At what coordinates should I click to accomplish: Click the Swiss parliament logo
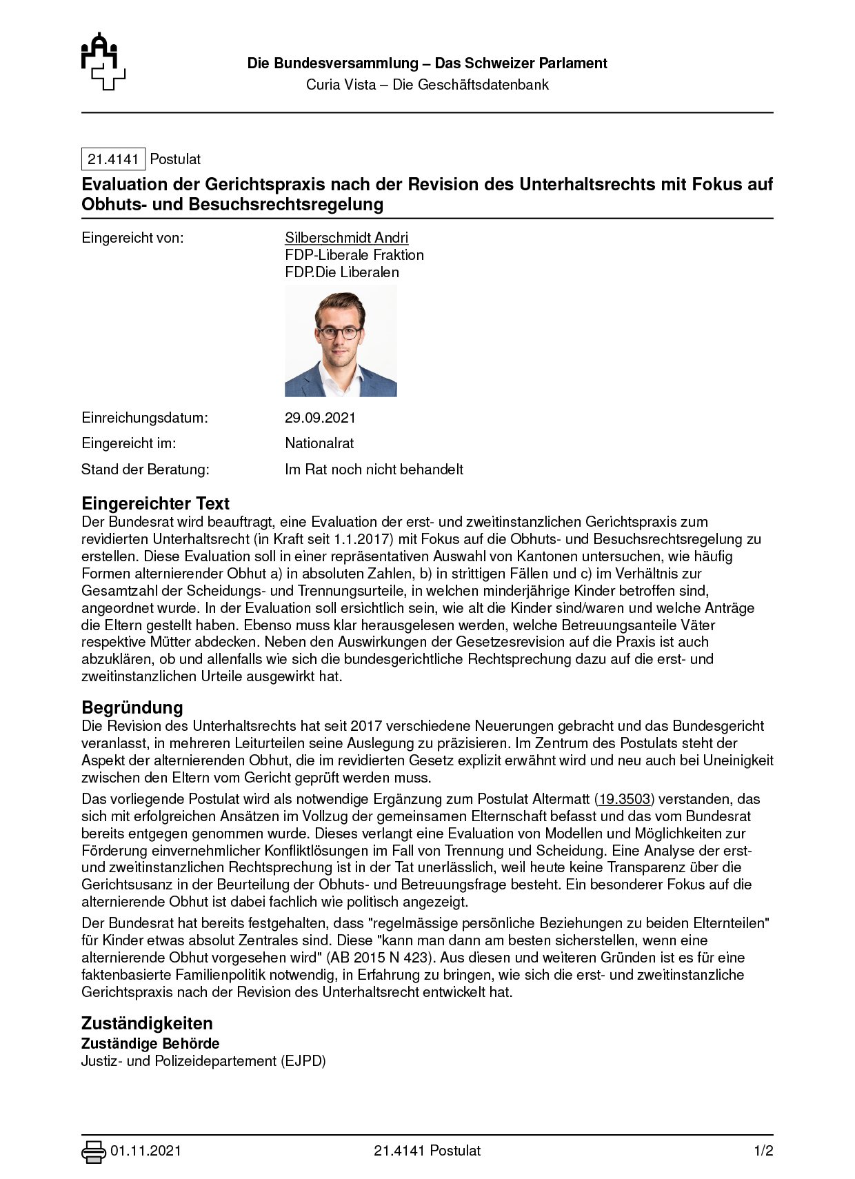pos(103,61)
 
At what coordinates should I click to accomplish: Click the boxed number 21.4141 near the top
pos(113,159)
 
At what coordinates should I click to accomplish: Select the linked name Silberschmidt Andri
pos(346,238)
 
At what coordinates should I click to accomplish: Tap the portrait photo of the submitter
pos(341,341)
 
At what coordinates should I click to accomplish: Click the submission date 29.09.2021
pos(320,418)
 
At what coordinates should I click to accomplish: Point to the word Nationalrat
pos(319,443)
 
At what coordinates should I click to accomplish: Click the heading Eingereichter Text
pos(155,503)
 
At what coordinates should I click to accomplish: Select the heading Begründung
pos(132,707)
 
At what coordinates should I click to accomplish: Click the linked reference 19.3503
pos(624,799)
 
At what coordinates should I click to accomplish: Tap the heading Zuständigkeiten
pos(147,1023)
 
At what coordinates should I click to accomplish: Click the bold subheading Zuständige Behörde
pos(150,1043)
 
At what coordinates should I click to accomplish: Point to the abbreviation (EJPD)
pos(303,1060)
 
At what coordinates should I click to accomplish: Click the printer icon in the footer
pos(93,1151)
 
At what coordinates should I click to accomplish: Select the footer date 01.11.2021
pos(145,1151)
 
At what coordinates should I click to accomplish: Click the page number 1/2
pos(763,1151)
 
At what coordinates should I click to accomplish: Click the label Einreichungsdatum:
pos(145,418)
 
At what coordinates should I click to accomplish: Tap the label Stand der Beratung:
pos(145,470)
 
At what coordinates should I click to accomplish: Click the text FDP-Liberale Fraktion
pos(354,255)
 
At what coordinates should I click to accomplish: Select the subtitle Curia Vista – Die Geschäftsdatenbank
pos(428,85)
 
